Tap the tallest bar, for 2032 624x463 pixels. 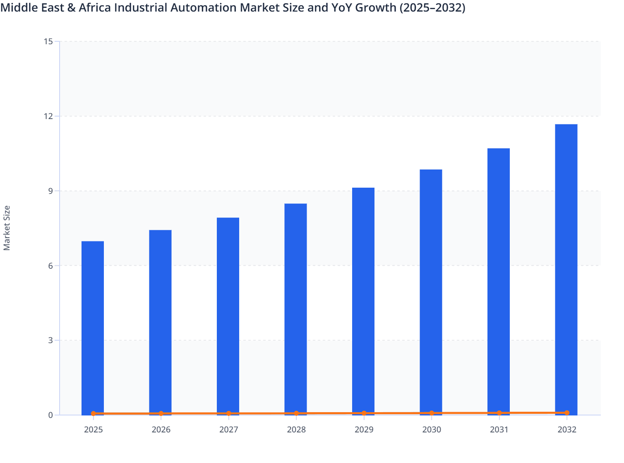pos(566,269)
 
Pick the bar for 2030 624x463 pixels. pos(431,291)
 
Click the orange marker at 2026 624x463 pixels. pos(161,413)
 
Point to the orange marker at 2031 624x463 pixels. pos(499,413)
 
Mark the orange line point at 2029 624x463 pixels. pos(364,413)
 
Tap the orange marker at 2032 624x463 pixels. pos(566,413)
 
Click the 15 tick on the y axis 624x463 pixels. pos(48,41)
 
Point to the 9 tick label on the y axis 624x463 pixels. pos(50,191)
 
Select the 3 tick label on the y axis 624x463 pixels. pos(50,340)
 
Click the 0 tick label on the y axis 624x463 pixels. pos(50,415)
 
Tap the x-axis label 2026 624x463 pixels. pos(161,430)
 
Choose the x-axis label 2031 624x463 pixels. pos(499,430)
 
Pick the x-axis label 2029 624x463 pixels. pos(364,430)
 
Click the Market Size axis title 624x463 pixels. pos(7,228)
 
